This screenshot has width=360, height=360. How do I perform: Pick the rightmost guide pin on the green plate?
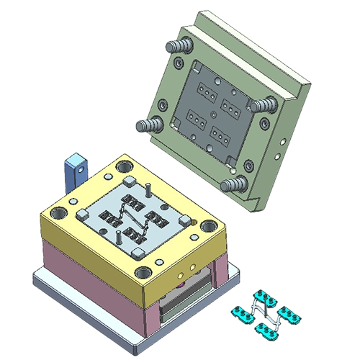[265, 105]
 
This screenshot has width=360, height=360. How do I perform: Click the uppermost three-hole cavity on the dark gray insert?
[207, 94]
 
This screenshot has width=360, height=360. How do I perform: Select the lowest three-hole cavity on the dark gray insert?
[220, 133]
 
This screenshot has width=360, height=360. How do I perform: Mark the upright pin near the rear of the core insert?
[148, 189]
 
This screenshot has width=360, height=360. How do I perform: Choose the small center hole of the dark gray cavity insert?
[215, 113]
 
